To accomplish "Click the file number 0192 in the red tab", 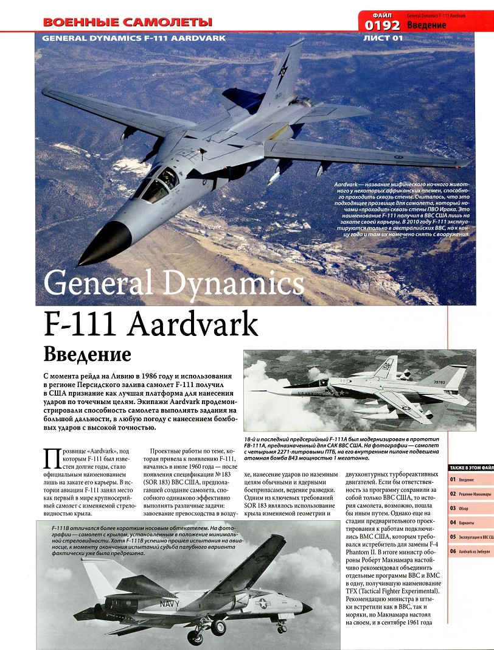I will click(x=382, y=24).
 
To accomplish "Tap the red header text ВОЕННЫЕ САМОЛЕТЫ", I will click(x=128, y=23).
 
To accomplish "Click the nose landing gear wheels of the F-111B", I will click(x=281, y=627).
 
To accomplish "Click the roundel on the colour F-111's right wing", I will click(x=398, y=157).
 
